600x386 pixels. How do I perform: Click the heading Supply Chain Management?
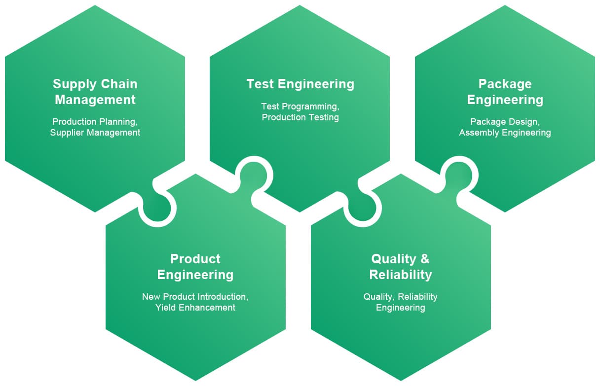click(x=95, y=92)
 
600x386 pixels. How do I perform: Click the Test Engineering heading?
click(x=300, y=84)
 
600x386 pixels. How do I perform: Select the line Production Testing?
click(x=300, y=117)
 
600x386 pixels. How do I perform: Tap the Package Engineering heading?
click(x=505, y=92)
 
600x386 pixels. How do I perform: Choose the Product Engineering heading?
click(x=195, y=266)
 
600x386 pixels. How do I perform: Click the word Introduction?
click(x=223, y=296)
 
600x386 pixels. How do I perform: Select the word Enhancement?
click(x=207, y=307)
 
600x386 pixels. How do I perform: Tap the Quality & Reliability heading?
click(x=400, y=266)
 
